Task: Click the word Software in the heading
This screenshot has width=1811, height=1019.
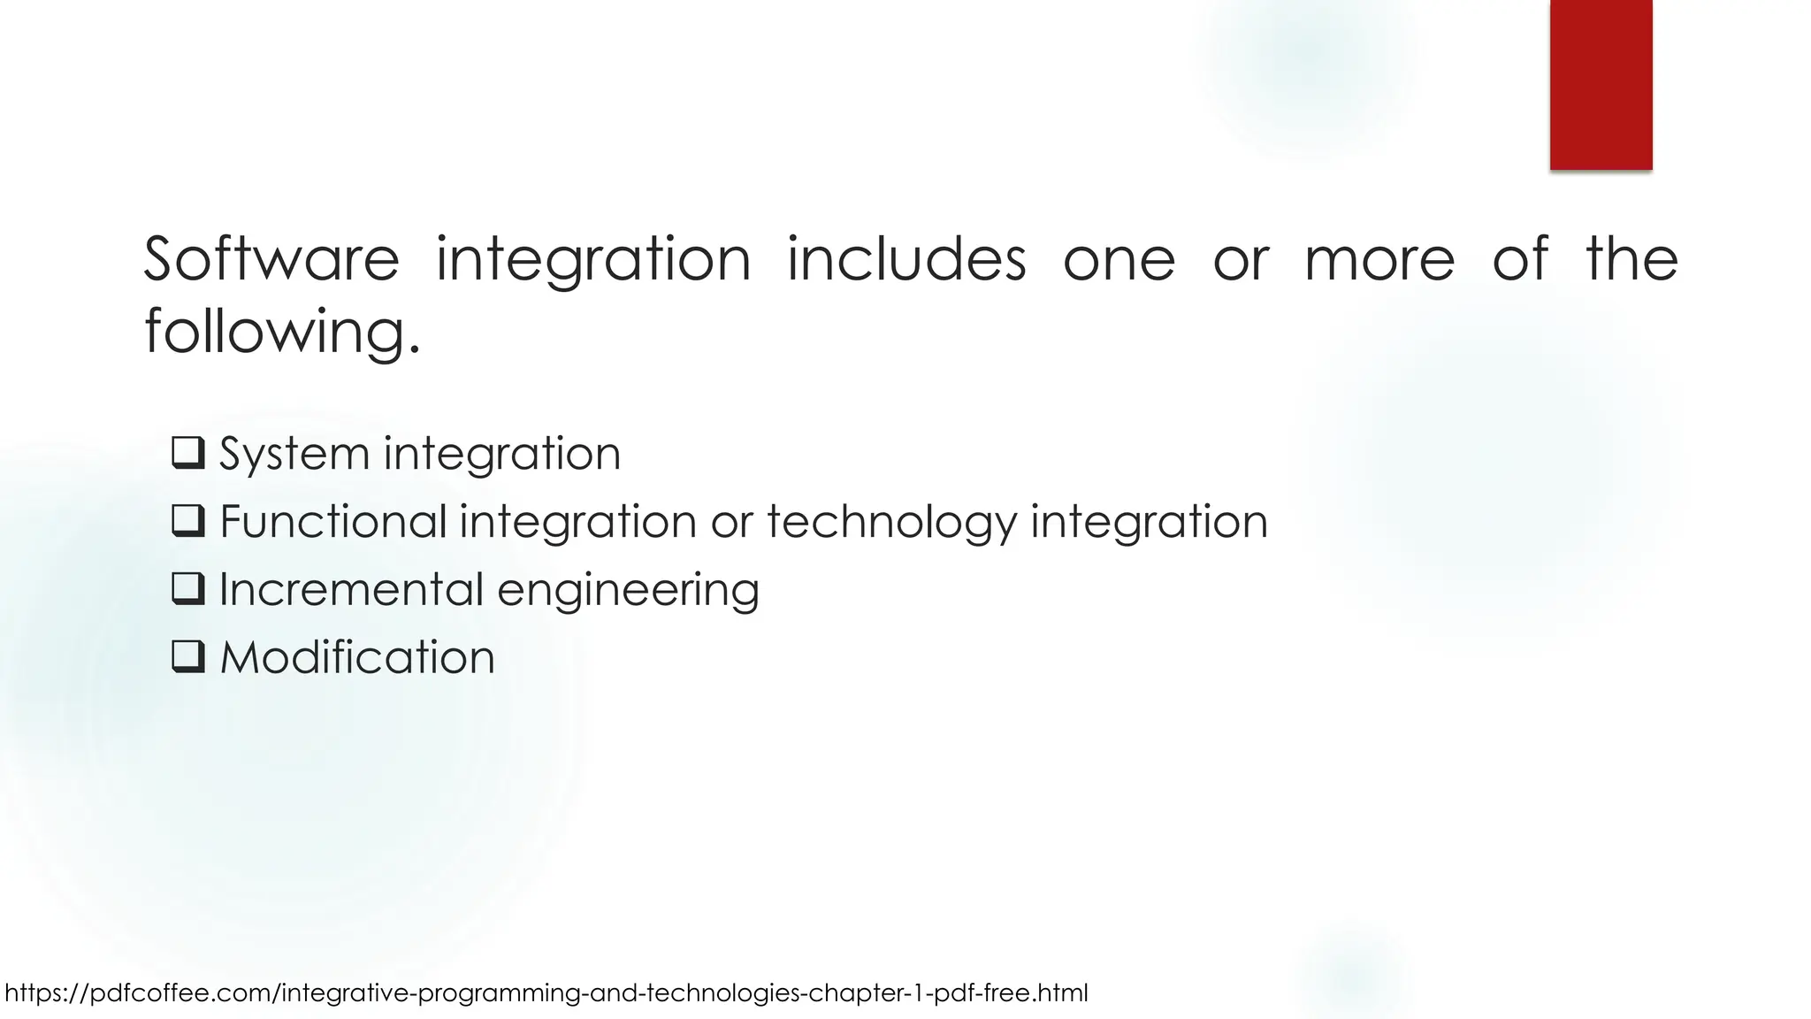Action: [271, 259]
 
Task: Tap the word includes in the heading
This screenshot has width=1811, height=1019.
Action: [906, 259]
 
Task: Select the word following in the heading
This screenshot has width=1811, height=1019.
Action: [281, 333]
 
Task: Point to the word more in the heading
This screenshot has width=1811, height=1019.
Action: [1379, 259]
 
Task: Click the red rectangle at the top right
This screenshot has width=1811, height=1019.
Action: [1601, 84]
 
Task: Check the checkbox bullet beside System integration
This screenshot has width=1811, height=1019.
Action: [188, 453]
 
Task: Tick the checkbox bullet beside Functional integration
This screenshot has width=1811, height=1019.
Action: [188, 521]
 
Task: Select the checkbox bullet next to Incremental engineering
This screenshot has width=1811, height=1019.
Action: [188, 589]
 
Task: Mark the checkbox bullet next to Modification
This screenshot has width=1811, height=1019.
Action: [188, 657]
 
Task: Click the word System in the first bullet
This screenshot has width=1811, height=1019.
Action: [294, 454]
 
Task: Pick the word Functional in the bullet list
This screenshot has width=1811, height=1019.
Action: [333, 521]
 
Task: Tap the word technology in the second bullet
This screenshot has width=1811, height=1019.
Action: [892, 522]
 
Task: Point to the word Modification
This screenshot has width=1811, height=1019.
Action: [357, 657]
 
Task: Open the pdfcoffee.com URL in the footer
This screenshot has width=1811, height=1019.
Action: [546, 993]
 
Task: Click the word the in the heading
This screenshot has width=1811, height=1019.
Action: [1631, 259]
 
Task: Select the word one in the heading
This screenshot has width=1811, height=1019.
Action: [1119, 261]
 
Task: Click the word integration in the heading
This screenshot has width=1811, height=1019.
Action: [593, 261]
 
